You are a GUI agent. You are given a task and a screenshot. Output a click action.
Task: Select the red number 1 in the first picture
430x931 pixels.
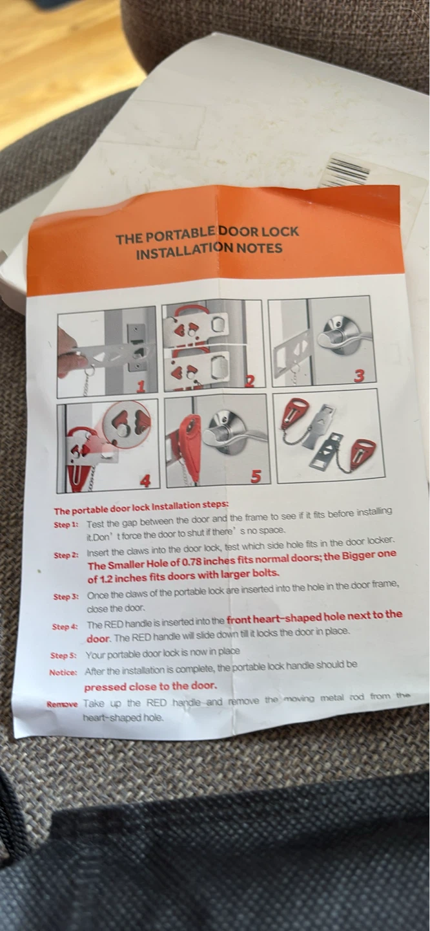point(141,386)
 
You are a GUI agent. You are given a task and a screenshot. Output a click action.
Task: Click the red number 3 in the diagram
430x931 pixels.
point(358,376)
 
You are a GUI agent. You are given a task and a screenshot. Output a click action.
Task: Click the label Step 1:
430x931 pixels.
point(66,524)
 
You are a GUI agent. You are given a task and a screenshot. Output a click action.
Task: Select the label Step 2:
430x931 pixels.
point(66,555)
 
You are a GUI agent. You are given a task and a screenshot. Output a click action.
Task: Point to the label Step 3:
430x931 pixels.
point(66,597)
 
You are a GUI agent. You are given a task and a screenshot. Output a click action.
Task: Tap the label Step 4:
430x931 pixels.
point(65,626)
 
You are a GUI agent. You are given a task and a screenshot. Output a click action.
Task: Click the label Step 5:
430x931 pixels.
point(63,656)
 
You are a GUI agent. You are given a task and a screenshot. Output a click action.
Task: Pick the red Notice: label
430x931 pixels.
point(63,672)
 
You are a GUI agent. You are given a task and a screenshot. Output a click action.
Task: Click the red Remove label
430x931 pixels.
point(62,704)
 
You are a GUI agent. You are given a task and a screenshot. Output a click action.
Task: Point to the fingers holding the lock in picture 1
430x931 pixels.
point(68,352)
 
